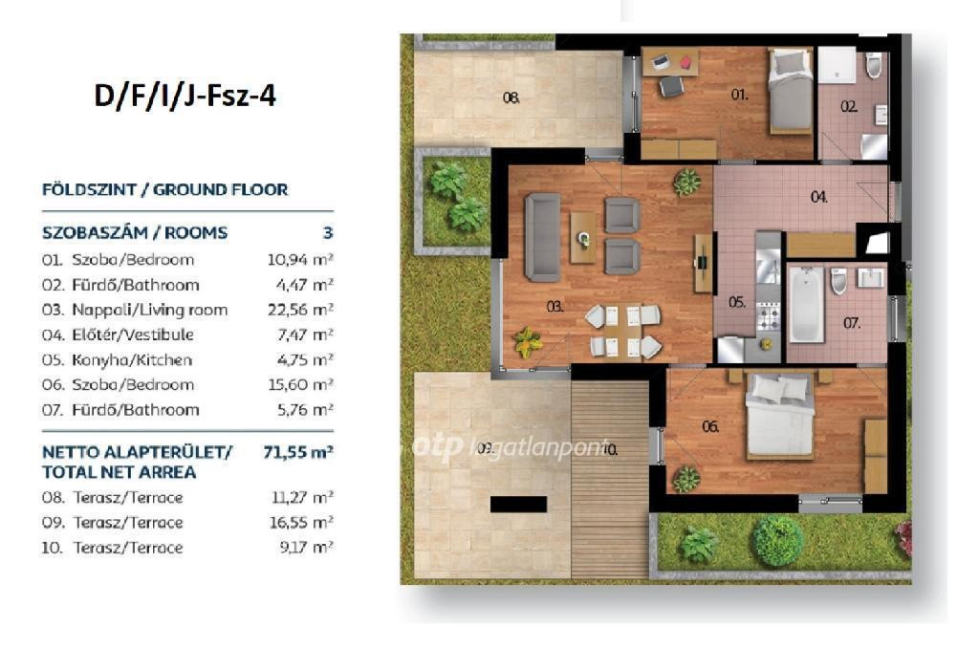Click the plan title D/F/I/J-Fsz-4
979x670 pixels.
185,97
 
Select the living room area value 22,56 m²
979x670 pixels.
300,310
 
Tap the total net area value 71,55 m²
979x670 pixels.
298,451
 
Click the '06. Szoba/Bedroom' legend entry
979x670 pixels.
118,384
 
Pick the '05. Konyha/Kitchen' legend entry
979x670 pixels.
117,359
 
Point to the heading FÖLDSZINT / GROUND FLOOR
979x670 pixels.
164,189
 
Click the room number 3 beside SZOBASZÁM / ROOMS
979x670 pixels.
328,233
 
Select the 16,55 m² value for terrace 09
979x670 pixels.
301,523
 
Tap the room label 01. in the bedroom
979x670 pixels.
739,95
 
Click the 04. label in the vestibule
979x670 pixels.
819,197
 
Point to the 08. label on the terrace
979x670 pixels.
511,97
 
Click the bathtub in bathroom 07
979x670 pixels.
806,304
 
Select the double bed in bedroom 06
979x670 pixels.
780,415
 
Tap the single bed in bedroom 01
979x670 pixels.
790,91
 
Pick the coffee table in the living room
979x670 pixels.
583,237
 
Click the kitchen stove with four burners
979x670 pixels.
768,316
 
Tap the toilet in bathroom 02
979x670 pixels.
874,65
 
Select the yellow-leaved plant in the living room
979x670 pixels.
528,342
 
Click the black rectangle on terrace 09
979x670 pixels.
518,504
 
